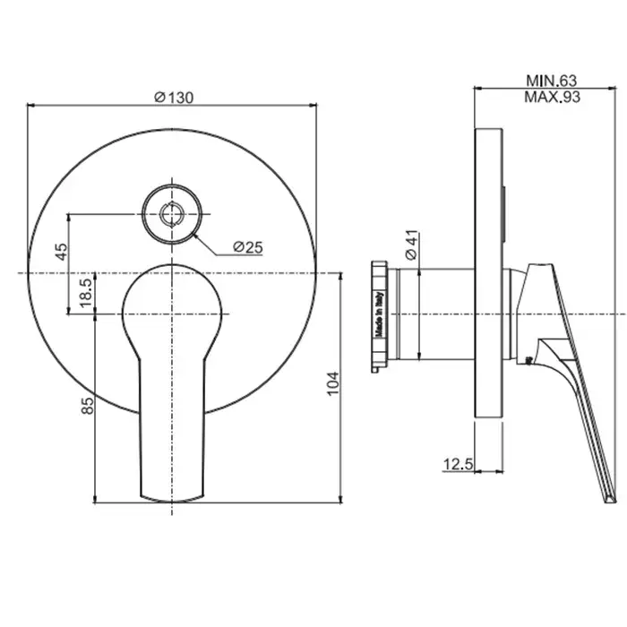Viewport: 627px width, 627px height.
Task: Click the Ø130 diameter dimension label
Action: pos(174,97)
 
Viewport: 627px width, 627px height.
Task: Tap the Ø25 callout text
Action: pos(248,247)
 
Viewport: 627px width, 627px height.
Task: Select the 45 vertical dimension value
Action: pos(62,252)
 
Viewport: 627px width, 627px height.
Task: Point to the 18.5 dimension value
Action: pos(86,293)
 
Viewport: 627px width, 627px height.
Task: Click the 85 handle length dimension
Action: pos(87,406)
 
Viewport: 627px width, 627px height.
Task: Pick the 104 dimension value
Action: pos(332,384)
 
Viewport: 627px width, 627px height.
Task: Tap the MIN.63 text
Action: pos(552,81)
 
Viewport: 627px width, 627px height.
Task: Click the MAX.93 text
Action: pos(553,97)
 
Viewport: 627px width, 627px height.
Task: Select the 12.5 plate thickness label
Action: pos(458,464)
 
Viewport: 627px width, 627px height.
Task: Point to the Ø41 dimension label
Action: pos(411,245)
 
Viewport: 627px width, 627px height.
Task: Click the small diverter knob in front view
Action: pos(172,214)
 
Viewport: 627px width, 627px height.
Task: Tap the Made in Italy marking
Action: pos(380,314)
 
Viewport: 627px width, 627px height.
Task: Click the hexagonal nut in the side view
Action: pos(380,317)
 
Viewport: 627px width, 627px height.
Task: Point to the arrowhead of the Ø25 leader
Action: pos(194,236)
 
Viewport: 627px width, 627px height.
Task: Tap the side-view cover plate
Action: pos(488,273)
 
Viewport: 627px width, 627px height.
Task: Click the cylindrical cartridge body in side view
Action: pos(437,313)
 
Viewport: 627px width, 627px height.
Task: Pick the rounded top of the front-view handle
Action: pos(172,265)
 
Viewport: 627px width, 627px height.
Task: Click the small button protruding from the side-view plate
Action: pos(505,213)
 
